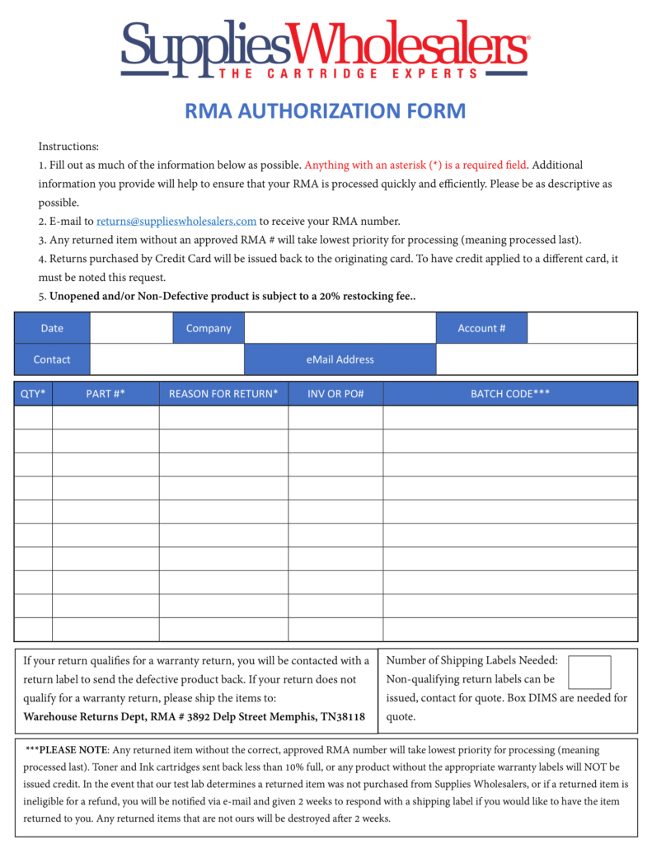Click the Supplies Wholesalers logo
click(326, 49)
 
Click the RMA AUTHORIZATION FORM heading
click(326, 110)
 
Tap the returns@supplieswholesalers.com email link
click(176, 221)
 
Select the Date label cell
click(52, 328)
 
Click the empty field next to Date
click(131, 328)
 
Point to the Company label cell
click(209, 328)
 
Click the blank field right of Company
click(340, 328)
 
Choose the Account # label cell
click(481, 328)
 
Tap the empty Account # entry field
click(582, 328)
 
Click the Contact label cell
click(52, 359)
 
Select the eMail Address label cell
click(340, 359)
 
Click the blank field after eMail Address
click(536, 359)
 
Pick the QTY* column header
click(33, 394)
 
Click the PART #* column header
click(106, 394)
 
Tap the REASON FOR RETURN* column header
click(223, 394)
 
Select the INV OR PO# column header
click(335, 394)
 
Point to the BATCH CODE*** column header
click(510, 394)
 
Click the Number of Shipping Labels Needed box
click(589, 673)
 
